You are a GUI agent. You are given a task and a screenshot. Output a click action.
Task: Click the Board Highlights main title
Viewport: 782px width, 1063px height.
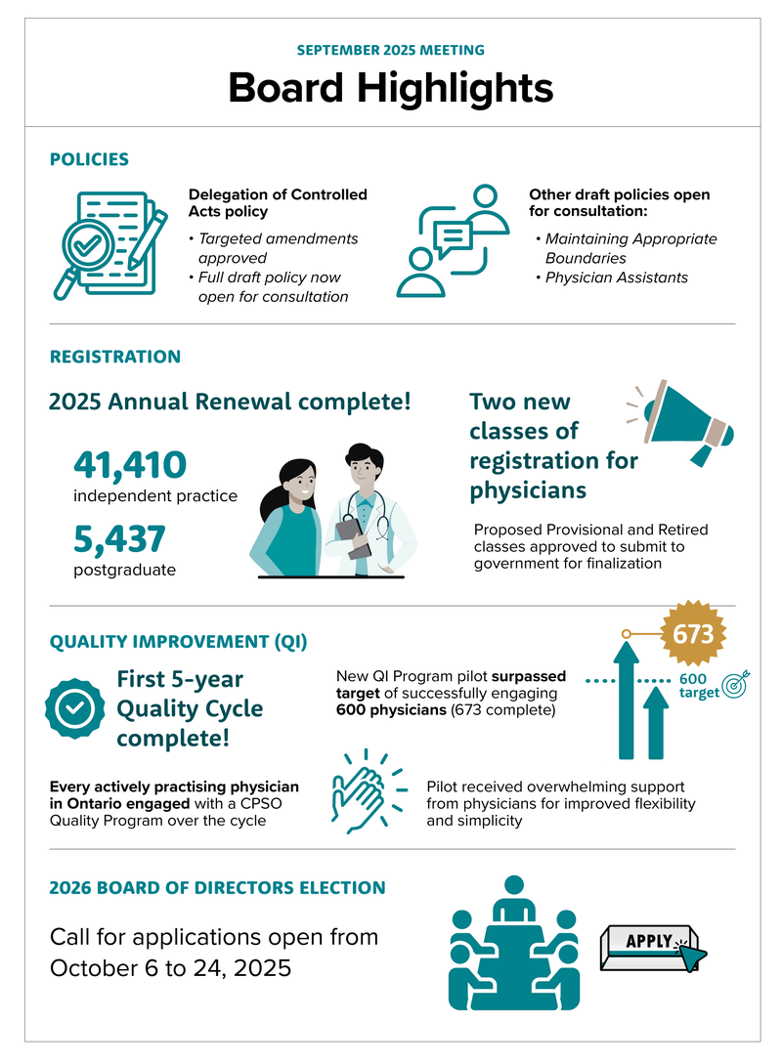click(391, 88)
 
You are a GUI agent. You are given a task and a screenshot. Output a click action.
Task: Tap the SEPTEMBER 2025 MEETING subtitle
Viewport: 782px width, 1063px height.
click(391, 50)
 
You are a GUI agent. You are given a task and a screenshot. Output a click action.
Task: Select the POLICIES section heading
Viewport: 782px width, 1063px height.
click(89, 159)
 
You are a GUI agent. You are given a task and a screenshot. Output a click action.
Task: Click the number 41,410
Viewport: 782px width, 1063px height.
click(129, 466)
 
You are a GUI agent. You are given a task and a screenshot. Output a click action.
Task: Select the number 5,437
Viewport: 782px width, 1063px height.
click(119, 539)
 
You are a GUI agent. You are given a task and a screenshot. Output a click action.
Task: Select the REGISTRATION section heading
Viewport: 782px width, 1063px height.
click(115, 357)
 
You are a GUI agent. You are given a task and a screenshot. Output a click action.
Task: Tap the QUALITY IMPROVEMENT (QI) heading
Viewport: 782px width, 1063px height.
click(178, 642)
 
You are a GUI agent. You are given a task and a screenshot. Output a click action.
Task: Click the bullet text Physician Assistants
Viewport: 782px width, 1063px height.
click(616, 277)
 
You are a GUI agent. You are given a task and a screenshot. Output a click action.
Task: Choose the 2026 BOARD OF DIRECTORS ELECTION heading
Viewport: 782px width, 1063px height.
click(217, 888)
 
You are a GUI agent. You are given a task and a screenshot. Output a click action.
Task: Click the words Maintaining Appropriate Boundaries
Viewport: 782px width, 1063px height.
click(630, 248)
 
